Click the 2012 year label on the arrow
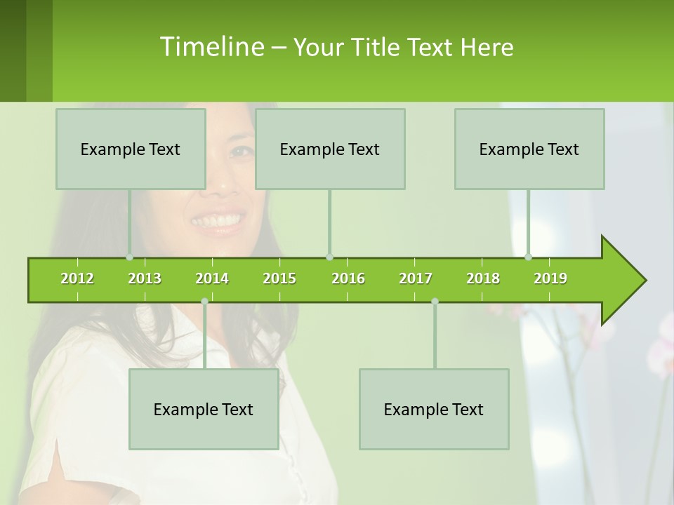(77, 278)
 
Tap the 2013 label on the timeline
(145, 278)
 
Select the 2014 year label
(212, 278)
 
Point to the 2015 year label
(279, 278)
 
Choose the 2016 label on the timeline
(348, 278)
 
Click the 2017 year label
(416, 278)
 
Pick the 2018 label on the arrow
(483, 278)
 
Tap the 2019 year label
(550, 278)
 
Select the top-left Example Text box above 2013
(131, 149)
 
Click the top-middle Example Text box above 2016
(330, 149)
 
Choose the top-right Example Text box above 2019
(529, 149)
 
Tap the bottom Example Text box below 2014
(204, 409)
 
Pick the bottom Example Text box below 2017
(434, 409)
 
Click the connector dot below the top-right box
(529, 257)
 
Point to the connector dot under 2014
(204, 302)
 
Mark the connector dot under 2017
(435, 302)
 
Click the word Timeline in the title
(211, 47)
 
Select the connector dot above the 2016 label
(329, 257)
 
